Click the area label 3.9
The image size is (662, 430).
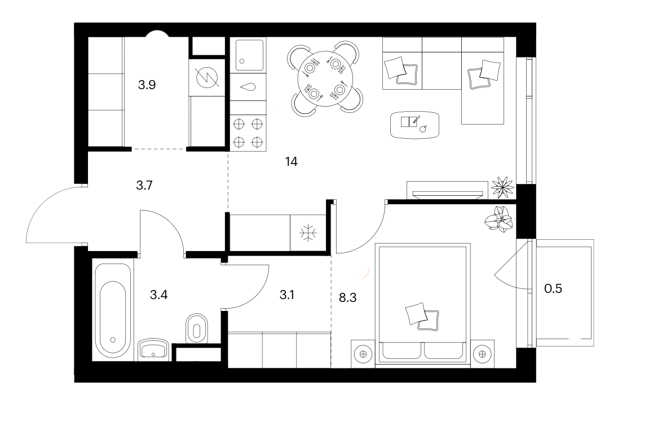pos(147,85)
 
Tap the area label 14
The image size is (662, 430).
pos(292,162)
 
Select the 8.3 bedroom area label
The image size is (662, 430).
pos(348,298)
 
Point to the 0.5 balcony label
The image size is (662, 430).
pos(553,288)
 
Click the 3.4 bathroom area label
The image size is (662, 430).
pos(159,295)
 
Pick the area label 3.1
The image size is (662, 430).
pos(287,295)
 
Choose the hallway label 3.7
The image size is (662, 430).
pos(144,185)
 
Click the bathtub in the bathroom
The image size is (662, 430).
pos(113,310)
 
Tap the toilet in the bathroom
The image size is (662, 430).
pos(197,328)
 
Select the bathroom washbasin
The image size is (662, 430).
pos(153,350)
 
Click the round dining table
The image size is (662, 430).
pos(325,79)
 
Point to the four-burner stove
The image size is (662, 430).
pos(248,133)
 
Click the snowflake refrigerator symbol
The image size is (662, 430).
pos(308,232)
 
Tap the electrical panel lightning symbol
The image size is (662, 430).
pos(207,77)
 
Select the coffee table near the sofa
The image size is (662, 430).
pos(414,125)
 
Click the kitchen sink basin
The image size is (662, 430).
pos(249,55)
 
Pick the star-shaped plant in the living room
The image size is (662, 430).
pos(503,187)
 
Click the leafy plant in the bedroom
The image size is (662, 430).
pos(498,219)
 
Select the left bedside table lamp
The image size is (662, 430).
pos(363,354)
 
